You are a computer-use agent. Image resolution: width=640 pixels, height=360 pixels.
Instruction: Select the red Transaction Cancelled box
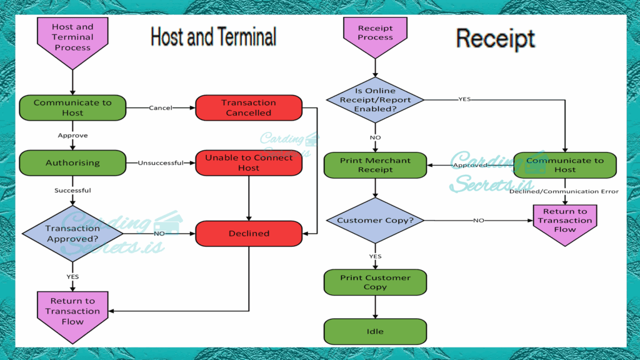[x=249, y=107]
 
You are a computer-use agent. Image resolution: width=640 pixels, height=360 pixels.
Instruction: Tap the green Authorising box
[x=72, y=162]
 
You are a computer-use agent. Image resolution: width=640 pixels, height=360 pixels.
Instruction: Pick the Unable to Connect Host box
[x=249, y=162]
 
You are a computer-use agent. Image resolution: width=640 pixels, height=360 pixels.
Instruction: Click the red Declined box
[x=249, y=233]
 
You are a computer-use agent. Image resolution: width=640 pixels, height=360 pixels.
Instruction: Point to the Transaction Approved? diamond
[x=72, y=233]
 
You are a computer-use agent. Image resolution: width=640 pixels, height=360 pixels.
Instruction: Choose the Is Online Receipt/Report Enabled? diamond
[x=375, y=100]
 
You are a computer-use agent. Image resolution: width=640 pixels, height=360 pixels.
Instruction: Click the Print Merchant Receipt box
[x=375, y=165]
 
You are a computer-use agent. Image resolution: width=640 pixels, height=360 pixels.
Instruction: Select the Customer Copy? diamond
[x=375, y=220]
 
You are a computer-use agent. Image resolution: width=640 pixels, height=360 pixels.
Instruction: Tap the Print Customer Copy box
[x=375, y=282]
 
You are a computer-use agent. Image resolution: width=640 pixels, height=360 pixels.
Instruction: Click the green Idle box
[x=375, y=331]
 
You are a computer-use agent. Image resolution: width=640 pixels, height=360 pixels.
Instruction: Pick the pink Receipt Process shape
[x=375, y=34]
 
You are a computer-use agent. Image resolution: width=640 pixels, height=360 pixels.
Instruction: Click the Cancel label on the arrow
[x=161, y=107]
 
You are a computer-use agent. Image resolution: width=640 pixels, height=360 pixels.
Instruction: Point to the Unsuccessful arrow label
[x=161, y=163]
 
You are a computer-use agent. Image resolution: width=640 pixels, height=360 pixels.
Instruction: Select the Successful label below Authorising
[x=72, y=190]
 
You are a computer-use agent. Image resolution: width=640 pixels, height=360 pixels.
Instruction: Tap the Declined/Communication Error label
[x=564, y=191]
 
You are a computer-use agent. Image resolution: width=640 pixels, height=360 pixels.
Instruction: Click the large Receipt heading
[x=495, y=39]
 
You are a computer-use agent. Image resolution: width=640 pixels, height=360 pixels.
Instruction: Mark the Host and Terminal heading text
[x=213, y=37]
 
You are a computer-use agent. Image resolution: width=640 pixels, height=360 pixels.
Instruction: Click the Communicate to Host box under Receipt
[x=565, y=165]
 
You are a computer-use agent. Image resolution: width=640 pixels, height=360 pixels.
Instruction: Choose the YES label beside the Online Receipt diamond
[x=465, y=99]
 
